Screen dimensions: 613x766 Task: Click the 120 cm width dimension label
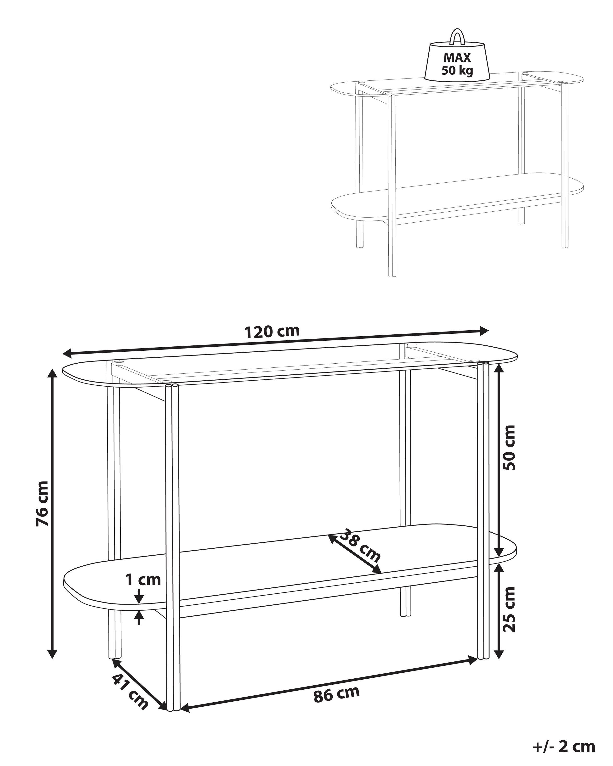coord(272,332)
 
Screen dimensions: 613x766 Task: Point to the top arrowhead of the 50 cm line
coord(499,370)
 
